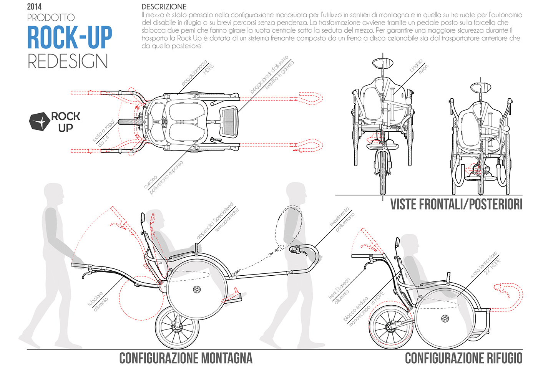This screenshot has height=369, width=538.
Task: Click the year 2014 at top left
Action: [x=34, y=7]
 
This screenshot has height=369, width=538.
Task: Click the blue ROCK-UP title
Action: [x=70, y=38]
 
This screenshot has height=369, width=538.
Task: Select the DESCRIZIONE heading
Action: [x=164, y=7]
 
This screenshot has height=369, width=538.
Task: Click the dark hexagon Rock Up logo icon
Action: [x=40, y=122]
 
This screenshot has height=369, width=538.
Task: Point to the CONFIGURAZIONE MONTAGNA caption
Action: [x=186, y=358]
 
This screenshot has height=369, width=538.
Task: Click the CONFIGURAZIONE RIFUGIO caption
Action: [x=463, y=358]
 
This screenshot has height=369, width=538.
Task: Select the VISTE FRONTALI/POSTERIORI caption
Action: [x=456, y=204]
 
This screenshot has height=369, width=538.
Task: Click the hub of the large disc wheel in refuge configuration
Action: [x=445, y=318]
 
